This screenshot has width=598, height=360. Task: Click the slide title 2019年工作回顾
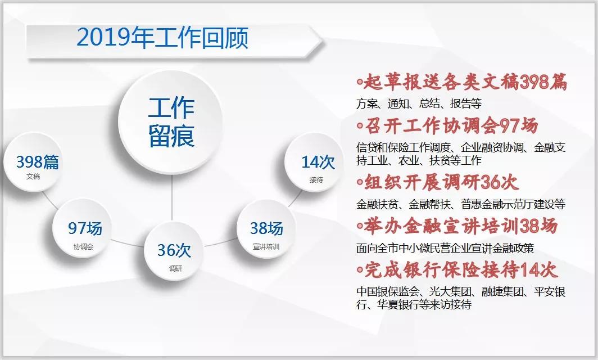tap(162, 38)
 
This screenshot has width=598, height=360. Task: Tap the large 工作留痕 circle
tap(170, 122)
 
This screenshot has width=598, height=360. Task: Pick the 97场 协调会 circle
tap(82, 228)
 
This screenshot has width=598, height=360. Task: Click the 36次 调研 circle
tap(174, 251)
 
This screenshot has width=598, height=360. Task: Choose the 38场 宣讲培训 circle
tap(266, 229)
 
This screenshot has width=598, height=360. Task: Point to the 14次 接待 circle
tap(314, 162)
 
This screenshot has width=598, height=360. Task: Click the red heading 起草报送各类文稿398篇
tap(462, 82)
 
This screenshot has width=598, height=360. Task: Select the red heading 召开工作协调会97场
tap(448, 126)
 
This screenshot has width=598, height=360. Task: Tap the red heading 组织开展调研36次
tap(438, 182)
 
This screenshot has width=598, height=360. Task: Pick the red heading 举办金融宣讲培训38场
tap(457, 226)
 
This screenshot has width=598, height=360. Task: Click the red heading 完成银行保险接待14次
tap(457, 270)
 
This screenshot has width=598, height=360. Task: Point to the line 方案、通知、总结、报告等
tap(419, 103)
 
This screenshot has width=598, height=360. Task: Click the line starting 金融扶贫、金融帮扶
tap(461, 204)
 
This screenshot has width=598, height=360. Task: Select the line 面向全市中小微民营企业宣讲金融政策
tap(445, 248)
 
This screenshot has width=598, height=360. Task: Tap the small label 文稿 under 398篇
tap(33, 177)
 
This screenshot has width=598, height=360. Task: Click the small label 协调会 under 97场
tap(84, 246)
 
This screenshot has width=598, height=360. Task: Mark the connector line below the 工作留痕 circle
tap(172, 198)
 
